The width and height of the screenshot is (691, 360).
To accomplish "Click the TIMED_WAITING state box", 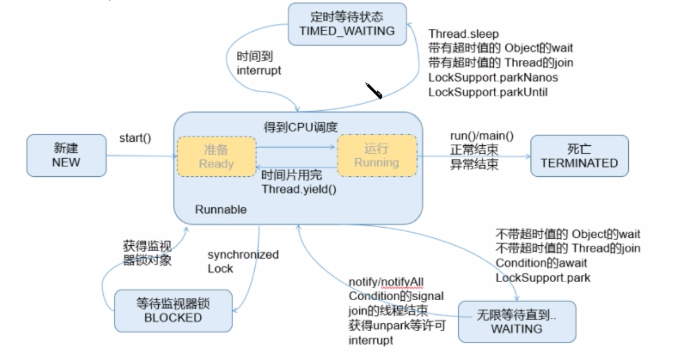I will pos(347,24).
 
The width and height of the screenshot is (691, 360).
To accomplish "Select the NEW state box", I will pos(66,155).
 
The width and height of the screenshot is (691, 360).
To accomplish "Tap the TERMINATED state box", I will pos(579,156).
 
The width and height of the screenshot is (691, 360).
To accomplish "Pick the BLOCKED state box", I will pos(173,310).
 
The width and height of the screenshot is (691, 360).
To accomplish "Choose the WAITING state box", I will pos(516,321).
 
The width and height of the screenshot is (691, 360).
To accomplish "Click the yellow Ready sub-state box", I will pos(216,155).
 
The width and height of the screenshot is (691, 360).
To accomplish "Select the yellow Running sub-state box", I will pos(376,155).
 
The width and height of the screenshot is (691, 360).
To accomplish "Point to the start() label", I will pos(135,138).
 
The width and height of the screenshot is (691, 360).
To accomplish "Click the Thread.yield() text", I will pos(299,189).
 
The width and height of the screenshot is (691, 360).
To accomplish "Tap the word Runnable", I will pos(221,210).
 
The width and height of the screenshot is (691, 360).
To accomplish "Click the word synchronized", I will pos(243,255).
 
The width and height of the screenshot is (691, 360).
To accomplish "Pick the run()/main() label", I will pos(481,136).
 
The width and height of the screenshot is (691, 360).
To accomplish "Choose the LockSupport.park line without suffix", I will pos(543,277).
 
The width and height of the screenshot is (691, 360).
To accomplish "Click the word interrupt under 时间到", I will pos(259,71).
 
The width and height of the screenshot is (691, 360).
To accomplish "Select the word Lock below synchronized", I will pos(220,269).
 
